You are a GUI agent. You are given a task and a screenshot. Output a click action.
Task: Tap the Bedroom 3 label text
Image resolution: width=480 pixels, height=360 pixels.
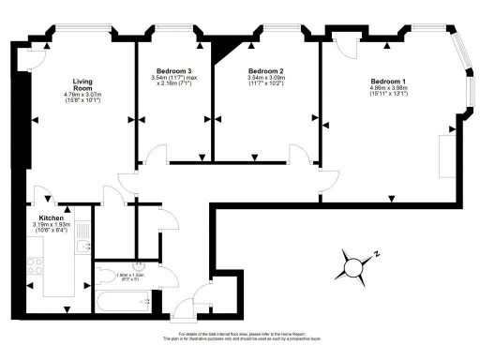(174, 72)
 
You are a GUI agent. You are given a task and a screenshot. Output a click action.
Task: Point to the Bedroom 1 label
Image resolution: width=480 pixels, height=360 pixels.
(388, 82)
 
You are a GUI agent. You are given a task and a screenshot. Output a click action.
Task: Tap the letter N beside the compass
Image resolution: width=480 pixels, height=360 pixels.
(377, 252)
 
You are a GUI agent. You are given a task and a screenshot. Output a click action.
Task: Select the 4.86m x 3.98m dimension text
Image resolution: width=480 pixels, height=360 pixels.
(388, 91)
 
